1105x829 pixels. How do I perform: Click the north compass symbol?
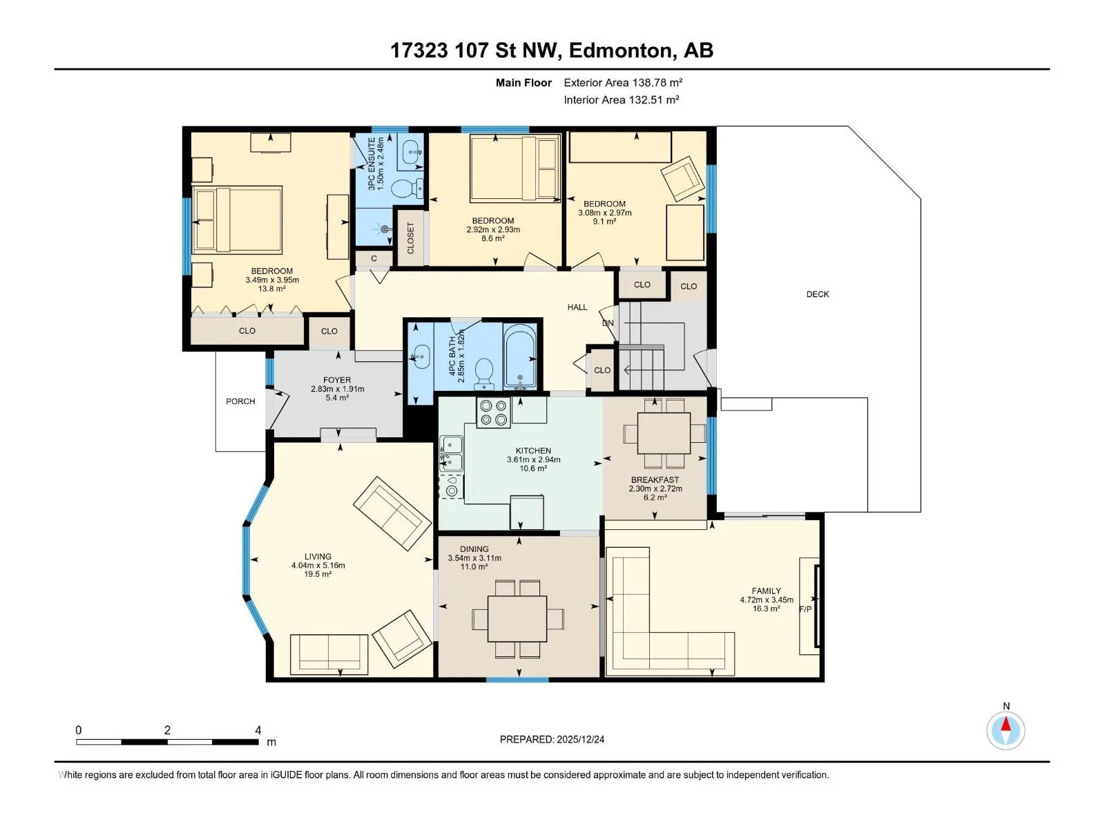tap(1006, 730)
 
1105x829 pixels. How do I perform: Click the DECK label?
tap(817, 294)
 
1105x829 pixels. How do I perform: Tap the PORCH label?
tap(240, 401)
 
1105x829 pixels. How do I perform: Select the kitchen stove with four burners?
tap(493, 412)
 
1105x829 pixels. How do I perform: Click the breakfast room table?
tap(664, 433)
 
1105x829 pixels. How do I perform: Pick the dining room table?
tap(517, 618)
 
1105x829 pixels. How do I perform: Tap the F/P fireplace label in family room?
tap(805, 609)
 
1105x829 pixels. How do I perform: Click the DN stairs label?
tap(608, 323)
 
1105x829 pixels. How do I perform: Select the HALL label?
tap(577, 307)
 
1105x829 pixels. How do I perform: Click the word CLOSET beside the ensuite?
tap(410, 238)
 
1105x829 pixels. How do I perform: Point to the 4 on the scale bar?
tap(258, 730)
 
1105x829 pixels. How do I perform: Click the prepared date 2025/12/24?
tap(580, 739)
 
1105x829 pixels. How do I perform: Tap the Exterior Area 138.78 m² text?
tap(623, 82)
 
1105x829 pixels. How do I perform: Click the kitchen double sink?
tap(452, 453)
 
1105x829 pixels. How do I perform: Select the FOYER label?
tap(337, 380)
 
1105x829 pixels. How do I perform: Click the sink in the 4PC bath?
tap(421, 357)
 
